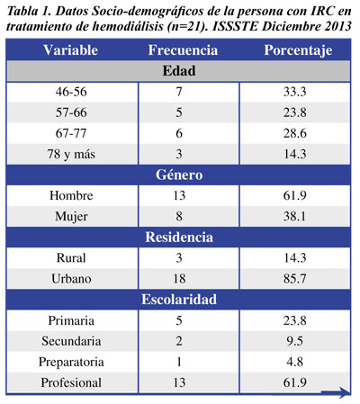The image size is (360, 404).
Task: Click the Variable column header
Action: [70, 49]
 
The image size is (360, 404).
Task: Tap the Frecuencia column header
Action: [183, 49]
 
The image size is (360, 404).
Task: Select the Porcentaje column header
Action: [298, 50]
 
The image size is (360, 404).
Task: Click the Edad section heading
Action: [179, 71]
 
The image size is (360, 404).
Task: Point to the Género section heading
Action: [179, 175]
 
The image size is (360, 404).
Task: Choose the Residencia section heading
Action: [179, 237]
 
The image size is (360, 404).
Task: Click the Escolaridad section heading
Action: [179, 300]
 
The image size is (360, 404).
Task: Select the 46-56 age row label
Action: [71, 92]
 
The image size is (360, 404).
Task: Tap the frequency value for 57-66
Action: [179, 112]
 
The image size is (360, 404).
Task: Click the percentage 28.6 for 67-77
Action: [295, 133]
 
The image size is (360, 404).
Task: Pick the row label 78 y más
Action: [71, 155]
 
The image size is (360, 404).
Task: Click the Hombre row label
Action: [71, 195]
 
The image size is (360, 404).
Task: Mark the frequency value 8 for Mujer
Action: [179, 216]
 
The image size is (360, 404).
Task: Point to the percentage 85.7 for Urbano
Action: [295, 279]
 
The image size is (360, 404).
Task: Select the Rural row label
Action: [71, 258]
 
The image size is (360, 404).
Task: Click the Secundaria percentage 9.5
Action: [295, 341]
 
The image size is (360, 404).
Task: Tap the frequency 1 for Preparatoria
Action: [179, 362]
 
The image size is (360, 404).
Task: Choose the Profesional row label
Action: [71, 382]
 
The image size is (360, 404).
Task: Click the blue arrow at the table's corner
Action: [336, 391]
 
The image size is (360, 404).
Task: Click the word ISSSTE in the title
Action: [236, 27]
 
